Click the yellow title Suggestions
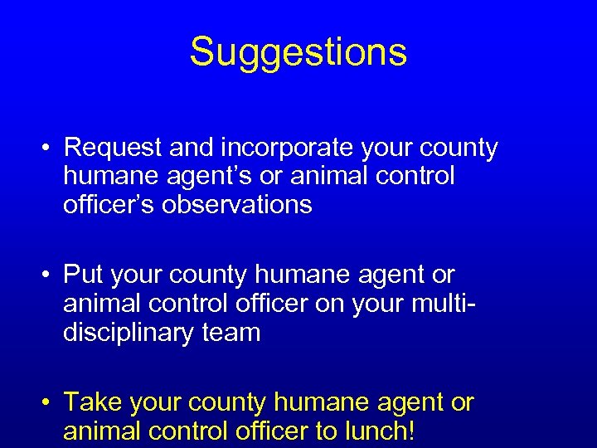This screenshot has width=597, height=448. pyautogui.click(x=298, y=51)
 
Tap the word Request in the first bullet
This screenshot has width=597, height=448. pyautogui.click(x=114, y=148)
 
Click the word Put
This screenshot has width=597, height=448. pyautogui.click(x=81, y=274)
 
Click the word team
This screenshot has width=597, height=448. pyautogui.click(x=235, y=332)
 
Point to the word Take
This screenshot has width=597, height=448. pyautogui.click(x=92, y=402)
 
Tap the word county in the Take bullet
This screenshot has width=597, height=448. pyautogui.click(x=227, y=402)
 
